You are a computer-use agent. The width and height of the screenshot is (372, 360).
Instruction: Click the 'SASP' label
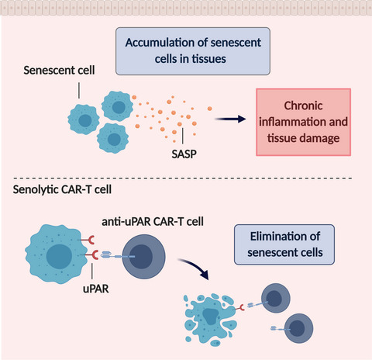pyautogui.click(x=184, y=154)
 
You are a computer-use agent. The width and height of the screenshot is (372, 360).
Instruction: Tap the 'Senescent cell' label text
pyautogui.click(x=59, y=71)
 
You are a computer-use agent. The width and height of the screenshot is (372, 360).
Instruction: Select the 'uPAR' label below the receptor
pyautogui.click(x=96, y=289)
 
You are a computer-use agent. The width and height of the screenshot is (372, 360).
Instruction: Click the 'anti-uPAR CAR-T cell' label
pyautogui.click(x=153, y=222)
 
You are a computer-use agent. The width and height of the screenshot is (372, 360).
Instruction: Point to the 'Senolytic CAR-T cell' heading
pyautogui.click(x=62, y=189)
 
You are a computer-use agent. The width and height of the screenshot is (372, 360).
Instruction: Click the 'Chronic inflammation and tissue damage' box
pyautogui.click(x=303, y=122)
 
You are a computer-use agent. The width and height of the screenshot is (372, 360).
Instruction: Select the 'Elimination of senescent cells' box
pyautogui.click(x=284, y=244)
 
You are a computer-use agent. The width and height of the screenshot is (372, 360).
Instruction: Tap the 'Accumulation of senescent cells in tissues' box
pyautogui.click(x=193, y=51)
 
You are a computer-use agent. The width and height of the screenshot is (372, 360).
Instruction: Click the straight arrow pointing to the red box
pyautogui.click(x=230, y=119)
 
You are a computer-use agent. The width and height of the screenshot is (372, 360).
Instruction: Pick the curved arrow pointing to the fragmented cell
pyautogui.click(x=195, y=266)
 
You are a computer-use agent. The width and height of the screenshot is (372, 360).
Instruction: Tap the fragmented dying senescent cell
pyautogui.click(x=210, y=320)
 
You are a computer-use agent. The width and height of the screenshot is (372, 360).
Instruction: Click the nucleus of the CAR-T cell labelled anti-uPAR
pyautogui.click(x=141, y=257)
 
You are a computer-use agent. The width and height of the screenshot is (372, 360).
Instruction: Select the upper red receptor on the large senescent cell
pyautogui.click(x=88, y=240)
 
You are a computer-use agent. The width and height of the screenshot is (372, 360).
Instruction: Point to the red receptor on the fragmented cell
pyautogui.click(x=240, y=308)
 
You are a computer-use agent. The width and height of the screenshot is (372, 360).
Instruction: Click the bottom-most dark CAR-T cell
pyautogui.click(x=299, y=328)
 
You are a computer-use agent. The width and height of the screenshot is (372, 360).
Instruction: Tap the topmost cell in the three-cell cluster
pyautogui.click(x=118, y=106)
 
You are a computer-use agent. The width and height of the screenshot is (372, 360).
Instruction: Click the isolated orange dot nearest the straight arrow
pyautogui.click(x=210, y=109)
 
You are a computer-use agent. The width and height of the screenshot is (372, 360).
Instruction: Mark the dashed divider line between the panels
pyautogui.click(x=182, y=178)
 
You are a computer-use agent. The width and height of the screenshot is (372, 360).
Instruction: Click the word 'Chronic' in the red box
pyautogui.click(x=303, y=106)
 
